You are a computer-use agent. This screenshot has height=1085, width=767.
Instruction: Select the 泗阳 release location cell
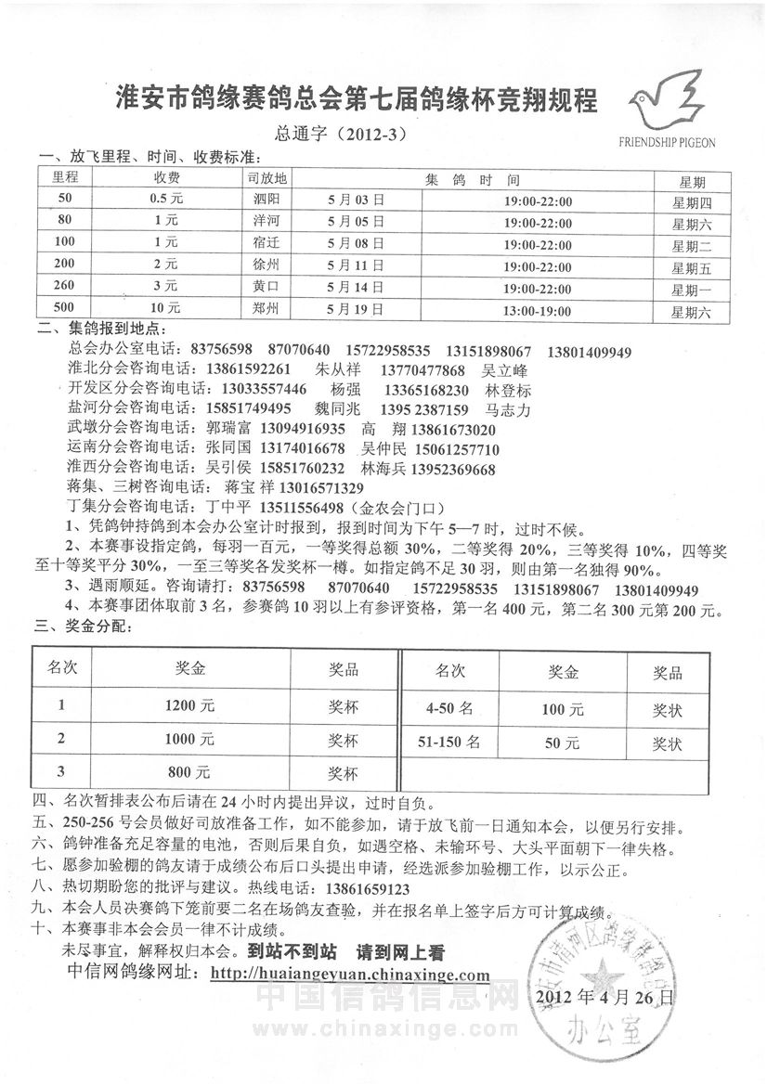266,200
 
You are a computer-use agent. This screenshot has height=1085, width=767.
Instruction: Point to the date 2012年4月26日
604,998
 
